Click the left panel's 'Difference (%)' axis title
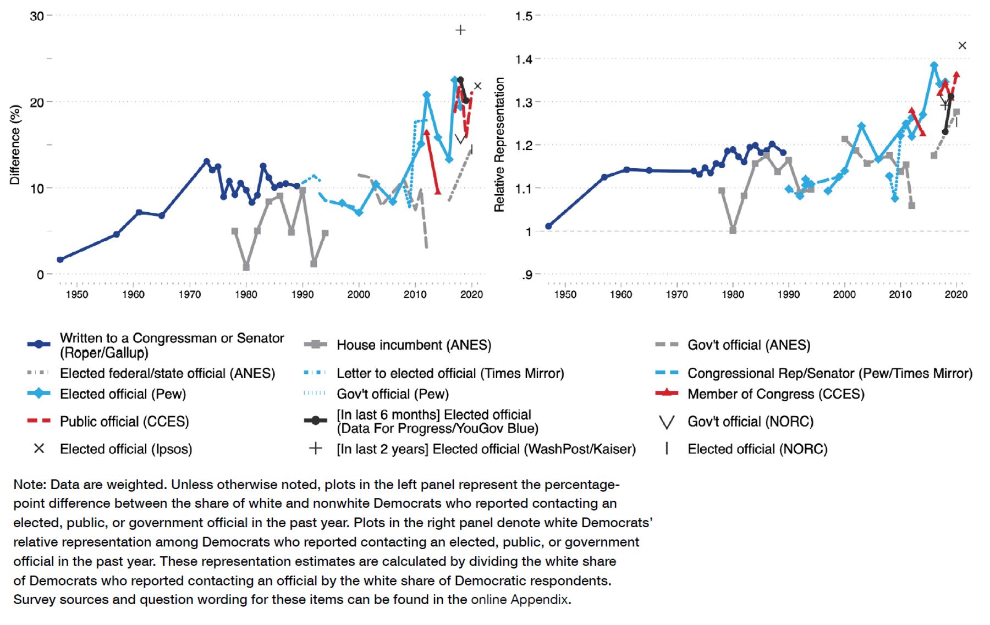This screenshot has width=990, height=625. (15, 145)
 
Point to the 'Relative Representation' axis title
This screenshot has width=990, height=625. (499, 145)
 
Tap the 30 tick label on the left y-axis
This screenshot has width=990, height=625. (37, 16)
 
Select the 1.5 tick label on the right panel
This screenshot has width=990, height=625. (524, 16)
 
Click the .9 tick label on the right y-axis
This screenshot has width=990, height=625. (526, 274)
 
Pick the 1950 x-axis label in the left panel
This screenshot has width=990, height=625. (77, 295)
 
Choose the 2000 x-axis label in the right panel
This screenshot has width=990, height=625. (844, 295)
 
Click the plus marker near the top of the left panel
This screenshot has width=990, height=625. (460, 30)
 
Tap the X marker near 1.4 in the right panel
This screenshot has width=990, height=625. (962, 46)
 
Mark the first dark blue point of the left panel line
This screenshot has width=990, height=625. (60, 259)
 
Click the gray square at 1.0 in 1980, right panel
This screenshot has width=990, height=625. (733, 230)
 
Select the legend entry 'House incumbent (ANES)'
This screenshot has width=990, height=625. (414, 345)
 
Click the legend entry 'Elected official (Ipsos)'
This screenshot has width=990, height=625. (126, 449)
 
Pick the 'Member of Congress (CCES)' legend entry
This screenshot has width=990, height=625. (776, 394)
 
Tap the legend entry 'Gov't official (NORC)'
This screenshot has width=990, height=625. (750, 422)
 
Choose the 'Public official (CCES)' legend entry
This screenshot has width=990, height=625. (124, 422)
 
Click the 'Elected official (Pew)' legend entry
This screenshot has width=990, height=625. (123, 394)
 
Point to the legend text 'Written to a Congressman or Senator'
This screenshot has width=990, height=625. (172, 338)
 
